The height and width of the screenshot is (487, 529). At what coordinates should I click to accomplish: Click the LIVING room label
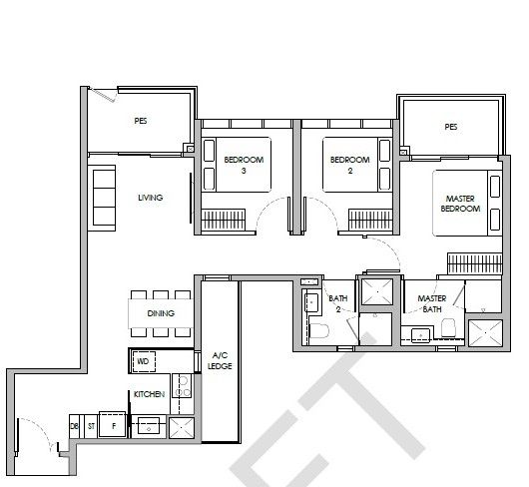coord(151,198)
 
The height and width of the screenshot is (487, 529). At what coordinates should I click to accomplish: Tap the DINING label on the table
coord(161,313)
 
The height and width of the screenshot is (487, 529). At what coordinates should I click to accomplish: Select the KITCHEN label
coord(149,394)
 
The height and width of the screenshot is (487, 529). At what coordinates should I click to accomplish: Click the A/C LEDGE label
coord(220,360)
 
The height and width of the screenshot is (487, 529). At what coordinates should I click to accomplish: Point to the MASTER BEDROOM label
coord(460,204)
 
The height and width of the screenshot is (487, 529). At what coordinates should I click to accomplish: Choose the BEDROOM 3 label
coord(244,165)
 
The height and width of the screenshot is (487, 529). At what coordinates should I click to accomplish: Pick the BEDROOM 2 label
coord(350,165)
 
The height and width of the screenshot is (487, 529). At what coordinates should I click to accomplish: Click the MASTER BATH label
coord(432,303)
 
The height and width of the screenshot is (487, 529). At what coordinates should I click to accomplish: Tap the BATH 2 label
coord(338,303)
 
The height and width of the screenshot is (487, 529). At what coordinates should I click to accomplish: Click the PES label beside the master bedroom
coord(451,127)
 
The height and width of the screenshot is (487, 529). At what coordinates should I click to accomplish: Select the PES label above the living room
coord(141,121)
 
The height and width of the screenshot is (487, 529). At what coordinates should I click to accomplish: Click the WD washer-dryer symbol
coord(144,361)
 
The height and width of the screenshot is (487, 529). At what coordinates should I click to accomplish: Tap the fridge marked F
coord(113,425)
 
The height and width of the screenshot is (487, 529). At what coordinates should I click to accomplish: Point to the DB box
coord(74,426)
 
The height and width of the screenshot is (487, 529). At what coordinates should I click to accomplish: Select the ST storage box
coord(91,426)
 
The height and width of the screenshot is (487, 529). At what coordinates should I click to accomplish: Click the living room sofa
coord(102,198)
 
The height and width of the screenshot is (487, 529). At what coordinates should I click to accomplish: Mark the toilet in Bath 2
coord(319,331)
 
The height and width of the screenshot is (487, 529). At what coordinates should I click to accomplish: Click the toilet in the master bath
coord(449,327)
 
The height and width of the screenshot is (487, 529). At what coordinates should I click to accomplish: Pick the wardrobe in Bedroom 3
coord(223,220)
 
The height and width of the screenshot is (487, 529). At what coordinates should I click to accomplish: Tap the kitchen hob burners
coord(183,387)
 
